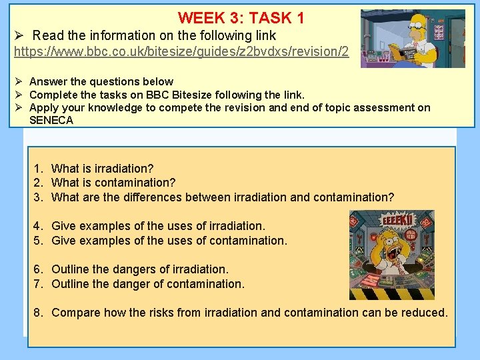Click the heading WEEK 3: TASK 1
241,18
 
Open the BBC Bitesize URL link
181,51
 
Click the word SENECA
51,120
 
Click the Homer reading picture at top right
413,38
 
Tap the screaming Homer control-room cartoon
392,255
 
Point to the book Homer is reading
406,53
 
